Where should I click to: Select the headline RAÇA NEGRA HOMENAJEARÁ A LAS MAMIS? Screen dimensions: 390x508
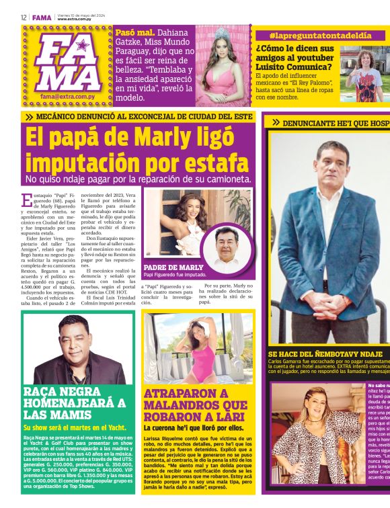(74, 402)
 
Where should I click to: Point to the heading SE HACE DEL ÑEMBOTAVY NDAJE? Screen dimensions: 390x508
(325, 353)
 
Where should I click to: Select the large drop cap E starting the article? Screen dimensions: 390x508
(26, 199)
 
